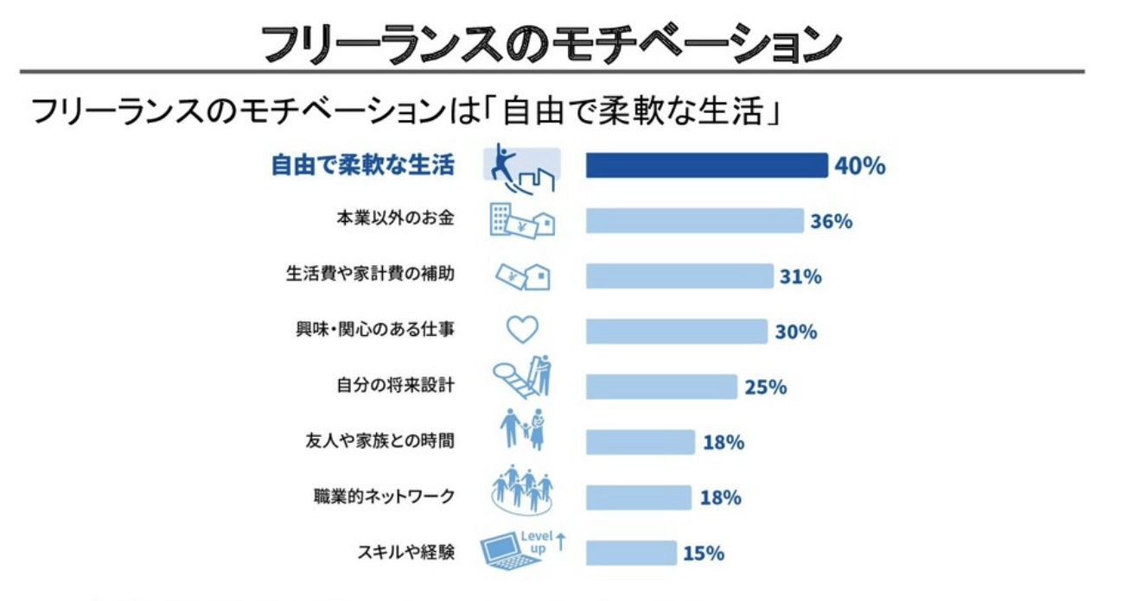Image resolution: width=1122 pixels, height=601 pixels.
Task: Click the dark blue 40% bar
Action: point(706,166)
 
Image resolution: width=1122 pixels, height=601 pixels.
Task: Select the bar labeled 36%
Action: point(694,221)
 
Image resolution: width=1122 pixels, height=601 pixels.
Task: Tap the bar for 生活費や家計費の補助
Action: point(679,276)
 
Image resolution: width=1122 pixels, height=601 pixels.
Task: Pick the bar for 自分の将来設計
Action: point(661,387)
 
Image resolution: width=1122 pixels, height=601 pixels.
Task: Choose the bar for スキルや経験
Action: point(631,553)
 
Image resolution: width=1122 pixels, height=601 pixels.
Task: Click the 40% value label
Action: point(860,166)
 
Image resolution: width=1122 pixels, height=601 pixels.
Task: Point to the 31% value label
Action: point(800,277)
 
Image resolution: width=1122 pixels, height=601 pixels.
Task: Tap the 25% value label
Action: point(766,388)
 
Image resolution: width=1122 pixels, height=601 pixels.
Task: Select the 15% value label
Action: point(704,554)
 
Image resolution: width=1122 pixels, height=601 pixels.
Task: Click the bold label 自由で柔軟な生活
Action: point(363,165)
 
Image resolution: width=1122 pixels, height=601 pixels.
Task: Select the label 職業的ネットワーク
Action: point(384,497)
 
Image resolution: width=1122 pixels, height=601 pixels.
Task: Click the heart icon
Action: point(521,330)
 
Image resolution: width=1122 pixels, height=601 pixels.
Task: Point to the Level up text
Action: point(537,542)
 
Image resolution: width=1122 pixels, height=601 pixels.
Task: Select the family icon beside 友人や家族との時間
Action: point(523,429)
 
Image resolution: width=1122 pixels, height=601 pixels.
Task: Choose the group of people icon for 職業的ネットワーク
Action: point(522,489)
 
